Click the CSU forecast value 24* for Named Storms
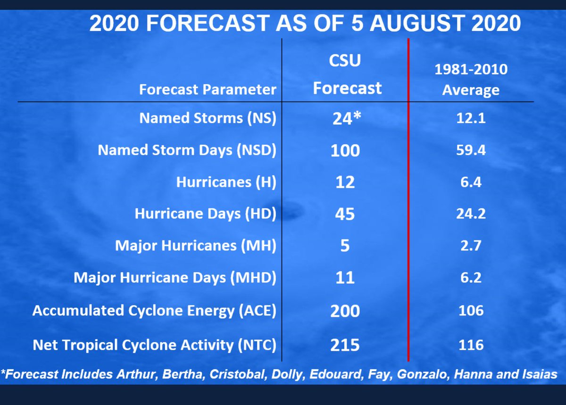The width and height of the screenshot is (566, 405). coord(347,118)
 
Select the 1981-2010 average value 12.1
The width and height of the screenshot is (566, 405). coord(471,118)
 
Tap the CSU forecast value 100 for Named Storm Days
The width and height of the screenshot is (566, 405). coord(345,150)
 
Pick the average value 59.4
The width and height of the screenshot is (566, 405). coord(471,150)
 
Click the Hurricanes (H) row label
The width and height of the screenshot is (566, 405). coord(226,182)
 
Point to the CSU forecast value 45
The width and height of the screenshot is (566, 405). coord(345,214)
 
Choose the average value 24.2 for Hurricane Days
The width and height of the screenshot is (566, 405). coord(471,214)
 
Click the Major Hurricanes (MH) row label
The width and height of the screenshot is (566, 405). coord(196,246)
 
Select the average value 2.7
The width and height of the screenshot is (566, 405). coord(471,246)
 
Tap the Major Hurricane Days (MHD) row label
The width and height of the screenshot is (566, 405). coord(175,278)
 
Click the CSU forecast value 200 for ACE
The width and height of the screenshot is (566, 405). coord(345,311)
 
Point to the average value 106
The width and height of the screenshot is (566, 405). coord(471,311)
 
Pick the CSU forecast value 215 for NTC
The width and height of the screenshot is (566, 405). coord(345,346)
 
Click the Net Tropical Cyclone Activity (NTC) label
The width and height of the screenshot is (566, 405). coord(154,345)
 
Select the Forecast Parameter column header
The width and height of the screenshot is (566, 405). coord(208,90)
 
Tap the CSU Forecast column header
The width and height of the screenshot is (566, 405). coord(347,74)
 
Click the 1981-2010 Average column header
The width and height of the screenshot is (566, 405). coord(471,80)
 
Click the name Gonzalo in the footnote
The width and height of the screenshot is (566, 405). coord(423,374)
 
